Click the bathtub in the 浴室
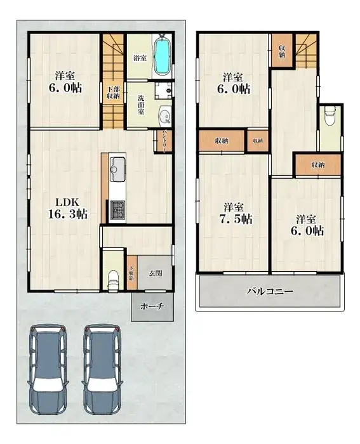point(163,56)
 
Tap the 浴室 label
point(139,57)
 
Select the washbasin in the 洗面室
point(164,116)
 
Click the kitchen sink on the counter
point(118,168)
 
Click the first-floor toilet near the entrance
point(113,276)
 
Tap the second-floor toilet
point(330,117)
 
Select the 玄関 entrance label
point(156,273)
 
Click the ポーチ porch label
point(152,306)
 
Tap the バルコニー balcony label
point(269,292)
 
